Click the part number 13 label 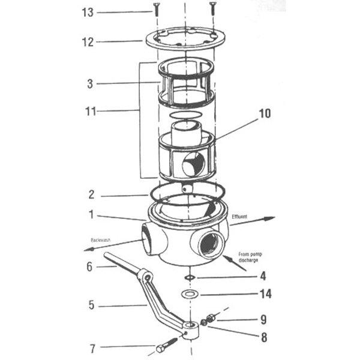88,13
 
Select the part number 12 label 88,42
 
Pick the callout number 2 91,195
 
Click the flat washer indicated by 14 190,295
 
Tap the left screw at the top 156,8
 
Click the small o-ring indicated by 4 190,277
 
